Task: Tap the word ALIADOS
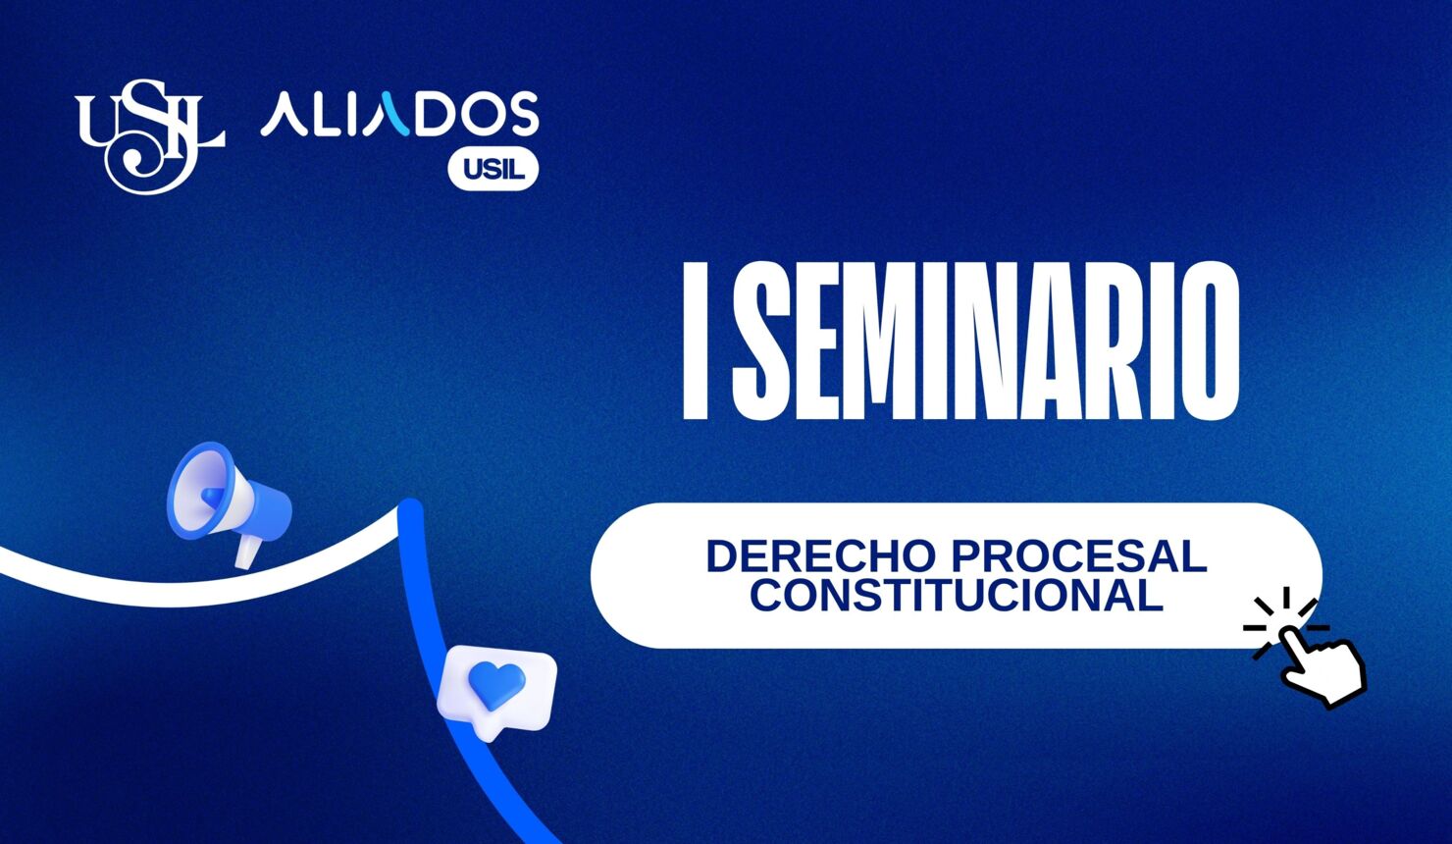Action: [x=398, y=114]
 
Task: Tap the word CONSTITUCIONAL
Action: [x=957, y=596]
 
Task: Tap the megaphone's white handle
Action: [x=246, y=552]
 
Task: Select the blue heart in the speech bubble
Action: [x=496, y=683]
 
